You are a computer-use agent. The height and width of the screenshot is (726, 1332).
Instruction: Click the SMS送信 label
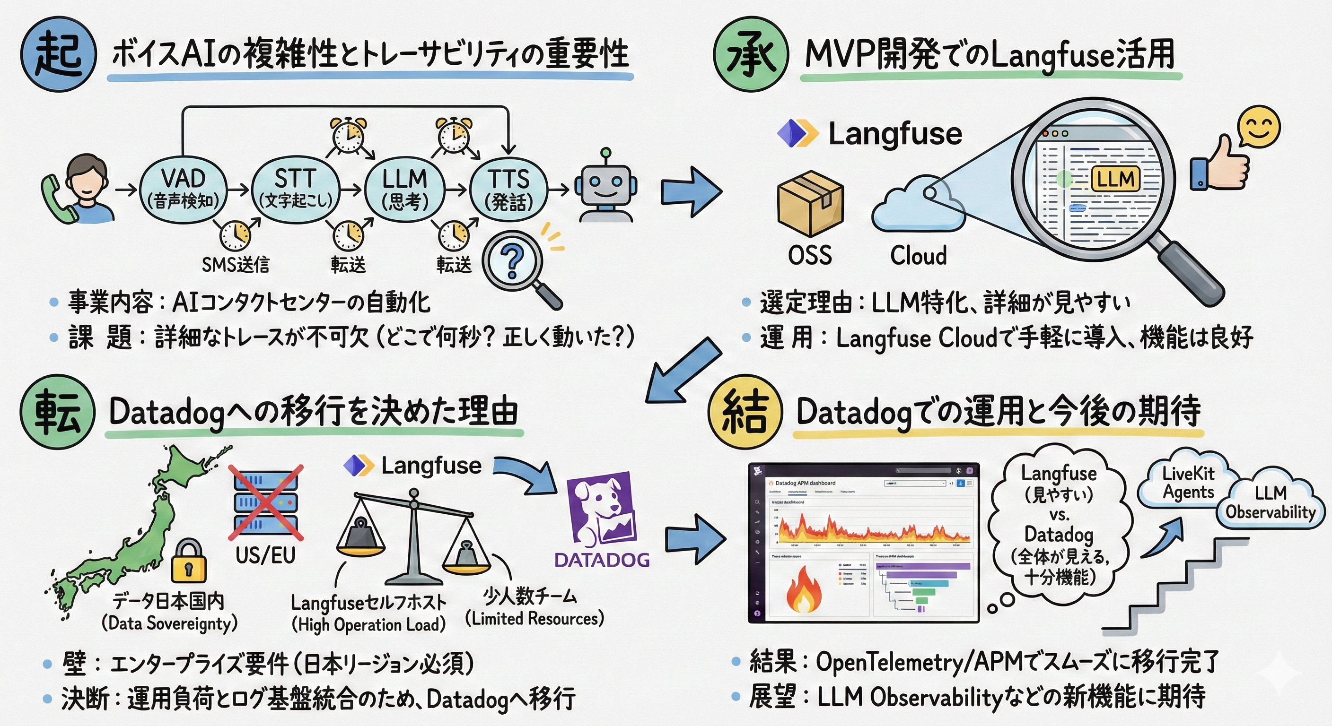pyautogui.click(x=235, y=265)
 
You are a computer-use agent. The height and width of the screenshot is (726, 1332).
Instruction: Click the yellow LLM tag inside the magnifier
pyautogui.click(x=1115, y=179)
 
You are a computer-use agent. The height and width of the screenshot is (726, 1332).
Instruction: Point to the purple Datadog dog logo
pyautogui.click(x=601, y=511)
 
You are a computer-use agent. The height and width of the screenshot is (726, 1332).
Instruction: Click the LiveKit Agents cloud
pyautogui.click(x=1188, y=483)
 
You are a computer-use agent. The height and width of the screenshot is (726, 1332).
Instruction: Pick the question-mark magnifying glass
pyautogui.click(x=512, y=261)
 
